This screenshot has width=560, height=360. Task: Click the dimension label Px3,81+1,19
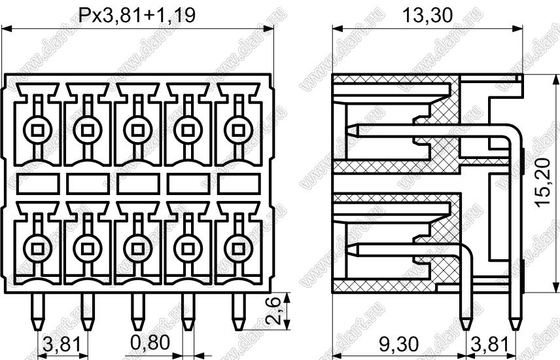137,15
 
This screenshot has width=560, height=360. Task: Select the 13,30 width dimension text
427,15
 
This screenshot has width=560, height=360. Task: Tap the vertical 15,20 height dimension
543,182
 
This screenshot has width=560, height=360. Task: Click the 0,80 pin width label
150,343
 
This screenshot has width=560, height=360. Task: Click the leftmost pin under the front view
37,312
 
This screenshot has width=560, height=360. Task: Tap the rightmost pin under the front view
238,312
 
